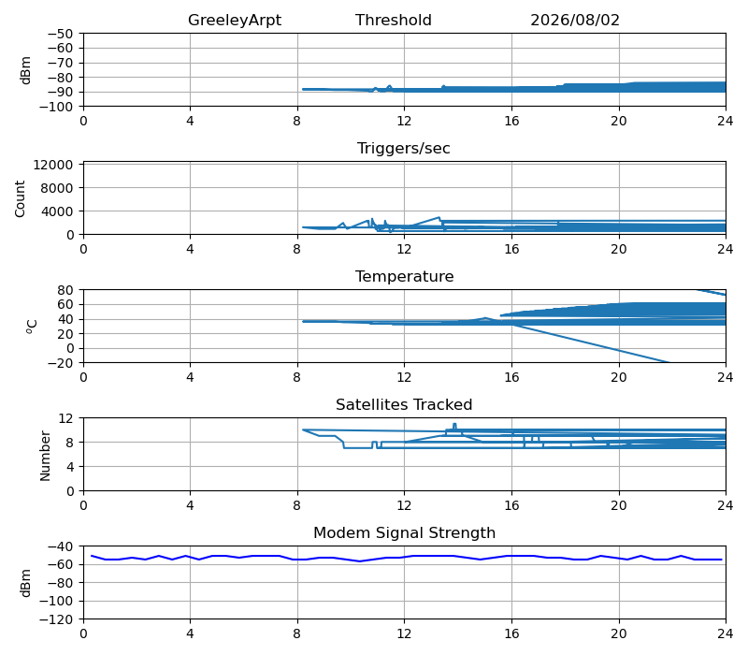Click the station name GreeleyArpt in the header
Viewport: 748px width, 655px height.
point(235,20)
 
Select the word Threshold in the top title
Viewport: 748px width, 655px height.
point(393,20)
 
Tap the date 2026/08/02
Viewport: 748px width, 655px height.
point(575,20)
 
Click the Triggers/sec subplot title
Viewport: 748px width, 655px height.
point(404,149)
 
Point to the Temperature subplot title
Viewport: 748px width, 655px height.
point(405,276)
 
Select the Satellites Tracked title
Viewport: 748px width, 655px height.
point(404,404)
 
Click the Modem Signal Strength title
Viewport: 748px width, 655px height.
point(405,532)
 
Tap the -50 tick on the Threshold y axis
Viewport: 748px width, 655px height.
point(60,34)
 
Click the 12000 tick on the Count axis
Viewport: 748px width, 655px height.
point(53,165)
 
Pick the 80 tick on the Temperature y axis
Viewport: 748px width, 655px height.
point(66,290)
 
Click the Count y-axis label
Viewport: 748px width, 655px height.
point(20,199)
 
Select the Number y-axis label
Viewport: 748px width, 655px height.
point(45,456)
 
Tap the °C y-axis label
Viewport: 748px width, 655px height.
point(32,327)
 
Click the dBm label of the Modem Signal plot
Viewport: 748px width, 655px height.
point(26,583)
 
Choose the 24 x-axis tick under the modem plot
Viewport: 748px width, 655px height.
point(726,633)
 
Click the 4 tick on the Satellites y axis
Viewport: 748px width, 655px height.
point(70,467)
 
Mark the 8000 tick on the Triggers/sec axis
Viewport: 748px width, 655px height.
point(57,188)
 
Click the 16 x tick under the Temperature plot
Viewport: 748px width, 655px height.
point(511,377)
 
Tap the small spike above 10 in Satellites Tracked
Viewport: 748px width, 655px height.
point(454,425)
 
